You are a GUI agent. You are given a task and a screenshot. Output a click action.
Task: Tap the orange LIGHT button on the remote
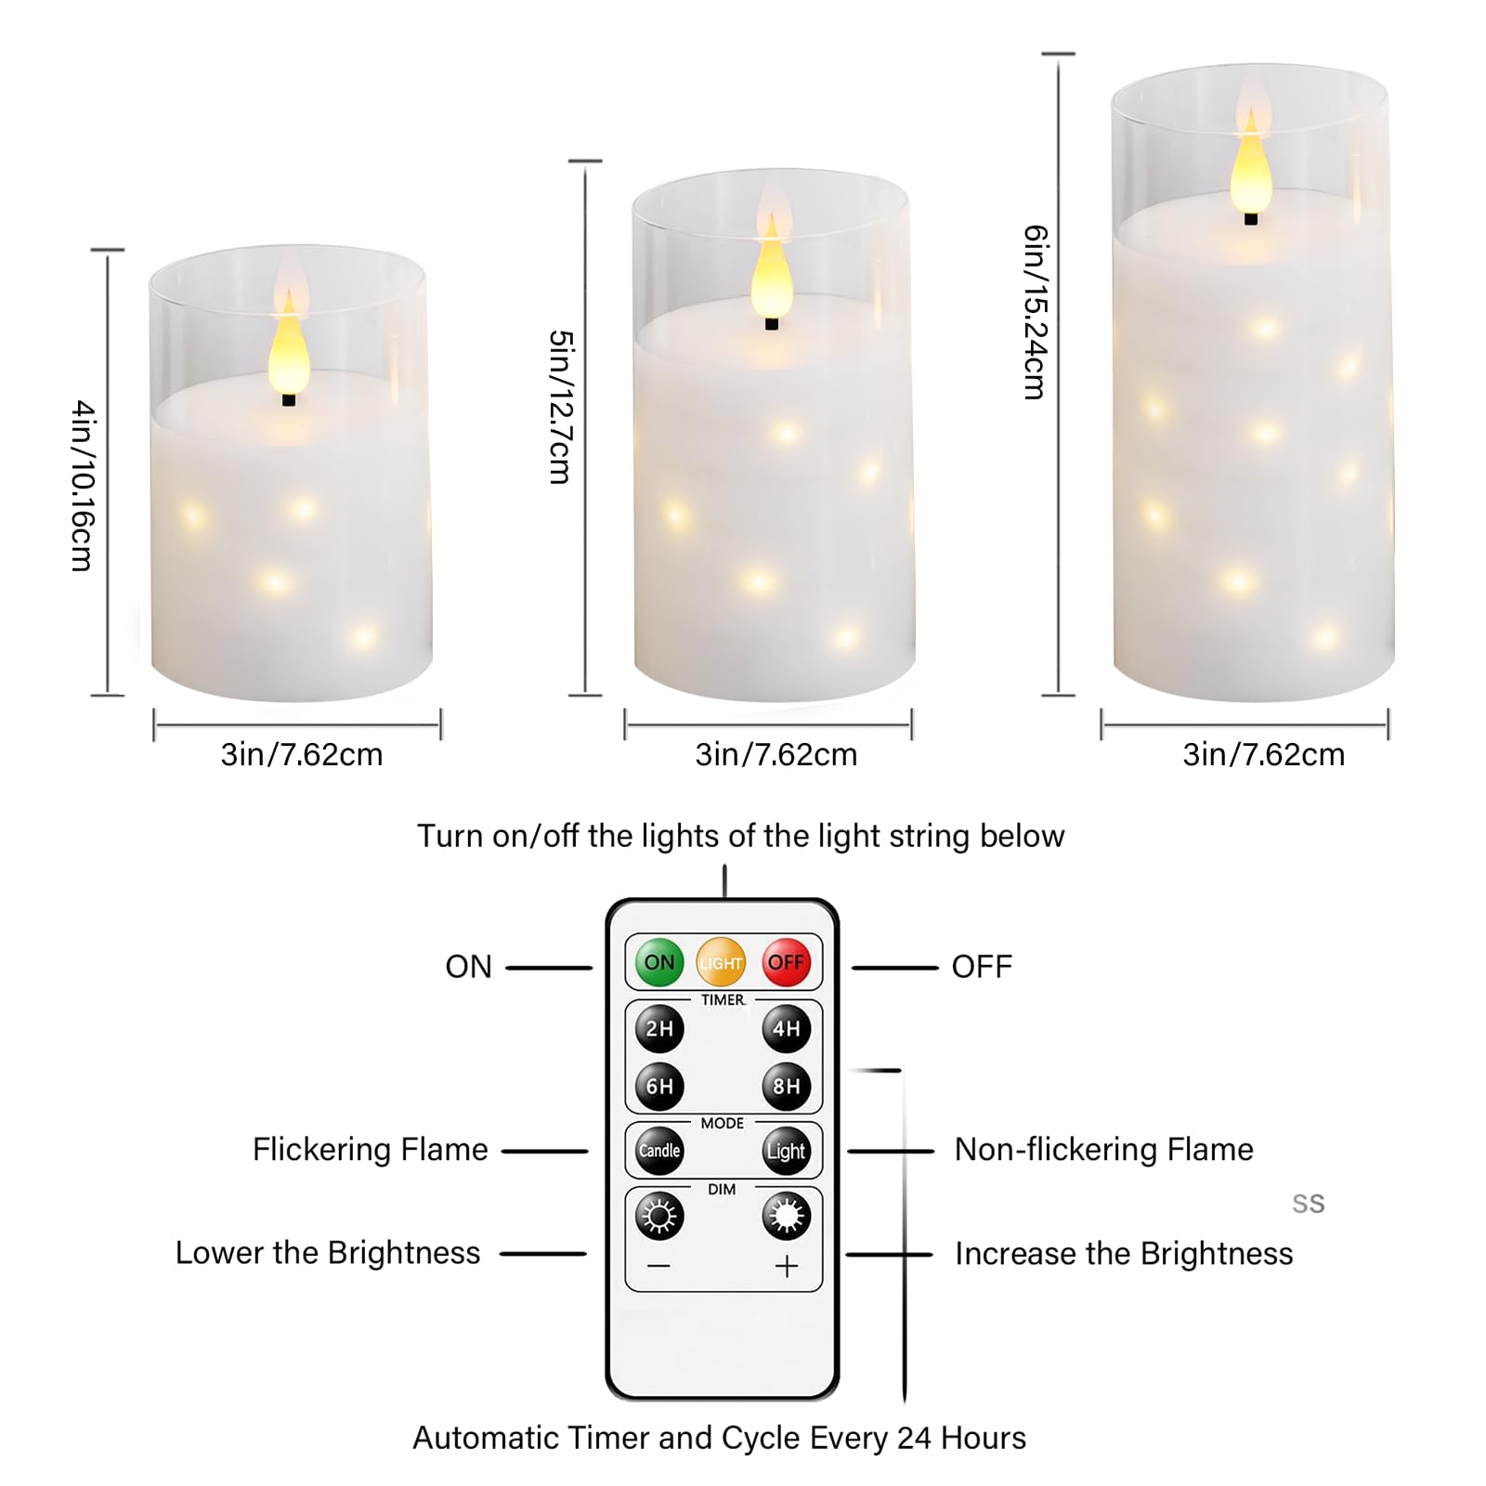tap(721, 963)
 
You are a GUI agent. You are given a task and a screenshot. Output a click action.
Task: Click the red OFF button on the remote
tap(786, 962)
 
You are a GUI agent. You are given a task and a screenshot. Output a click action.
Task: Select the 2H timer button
tap(659, 1029)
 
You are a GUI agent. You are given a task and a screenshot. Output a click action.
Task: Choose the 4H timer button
tap(786, 1029)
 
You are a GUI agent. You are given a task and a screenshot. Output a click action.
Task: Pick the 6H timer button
tap(659, 1086)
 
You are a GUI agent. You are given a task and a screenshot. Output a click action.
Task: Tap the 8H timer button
tap(786, 1086)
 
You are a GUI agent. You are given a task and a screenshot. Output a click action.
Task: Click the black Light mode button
tap(786, 1151)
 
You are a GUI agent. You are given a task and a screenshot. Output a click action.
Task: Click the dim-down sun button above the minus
tap(659, 1216)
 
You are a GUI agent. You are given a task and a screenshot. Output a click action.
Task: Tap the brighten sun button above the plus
tap(786, 1216)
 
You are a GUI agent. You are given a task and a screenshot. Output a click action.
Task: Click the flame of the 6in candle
tap(1250, 172)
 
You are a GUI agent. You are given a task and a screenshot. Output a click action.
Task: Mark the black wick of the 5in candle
tap(771, 324)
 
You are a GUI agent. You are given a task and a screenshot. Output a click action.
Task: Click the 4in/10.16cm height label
tap(83, 486)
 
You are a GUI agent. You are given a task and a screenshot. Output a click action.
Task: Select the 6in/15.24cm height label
tap(1035, 312)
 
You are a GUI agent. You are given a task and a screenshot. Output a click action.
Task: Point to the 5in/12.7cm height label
tap(560, 407)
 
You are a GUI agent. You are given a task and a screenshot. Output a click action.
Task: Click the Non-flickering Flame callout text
tap(1103, 1150)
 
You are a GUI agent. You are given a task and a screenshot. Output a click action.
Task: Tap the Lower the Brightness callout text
tap(328, 1253)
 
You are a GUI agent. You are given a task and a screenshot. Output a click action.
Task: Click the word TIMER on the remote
tap(723, 1000)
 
